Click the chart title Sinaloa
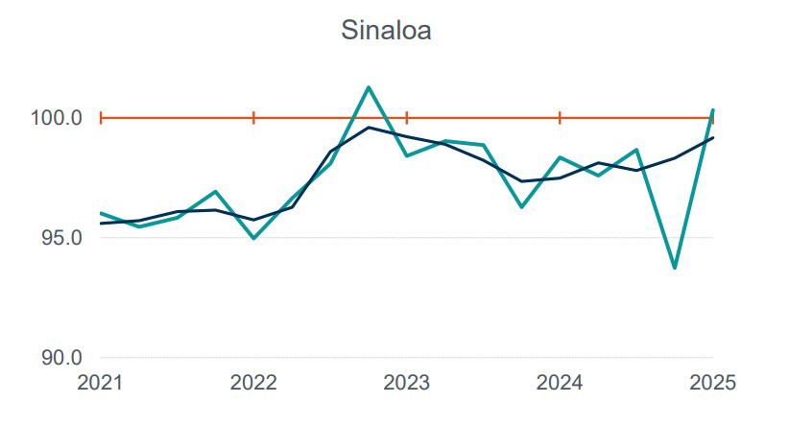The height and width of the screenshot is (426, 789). pyautogui.click(x=386, y=31)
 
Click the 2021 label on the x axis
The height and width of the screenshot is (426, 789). pyautogui.click(x=100, y=384)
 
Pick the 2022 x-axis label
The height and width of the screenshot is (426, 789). pyautogui.click(x=253, y=384)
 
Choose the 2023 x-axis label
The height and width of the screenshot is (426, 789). pyautogui.click(x=406, y=384)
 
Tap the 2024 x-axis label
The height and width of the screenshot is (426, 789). pyautogui.click(x=560, y=384)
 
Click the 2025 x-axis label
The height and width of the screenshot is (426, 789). pyautogui.click(x=711, y=384)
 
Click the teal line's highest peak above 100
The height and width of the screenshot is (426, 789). pyautogui.click(x=369, y=87)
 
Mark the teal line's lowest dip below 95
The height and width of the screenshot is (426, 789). pyautogui.click(x=675, y=268)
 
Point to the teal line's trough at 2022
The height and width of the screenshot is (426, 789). pyautogui.click(x=253, y=238)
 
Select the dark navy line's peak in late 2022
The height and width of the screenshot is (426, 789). pyautogui.click(x=369, y=127)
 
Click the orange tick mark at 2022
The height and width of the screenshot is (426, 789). pyautogui.click(x=253, y=118)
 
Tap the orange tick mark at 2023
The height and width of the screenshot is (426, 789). pyautogui.click(x=407, y=118)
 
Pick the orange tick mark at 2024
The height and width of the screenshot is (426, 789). pyautogui.click(x=560, y=118)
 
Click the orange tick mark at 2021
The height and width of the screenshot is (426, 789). pyautogui.click(x=101, y=118)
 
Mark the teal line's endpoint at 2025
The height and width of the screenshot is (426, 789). pyautogui.click(x=712, y=110)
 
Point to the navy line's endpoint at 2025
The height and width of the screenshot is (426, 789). pyautogui.click(x=712, y=137)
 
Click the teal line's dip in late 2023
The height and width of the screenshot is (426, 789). pyautogui.click(x=521, y=206)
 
